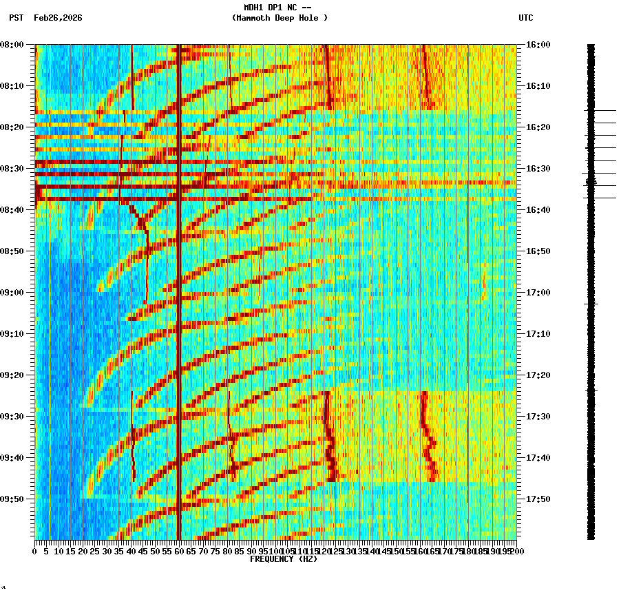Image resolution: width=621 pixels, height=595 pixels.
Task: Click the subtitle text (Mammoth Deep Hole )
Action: pos(280,18)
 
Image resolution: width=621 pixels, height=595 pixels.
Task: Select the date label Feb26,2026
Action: pos(58,18)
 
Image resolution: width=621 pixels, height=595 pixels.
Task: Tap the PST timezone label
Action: pos(17,18)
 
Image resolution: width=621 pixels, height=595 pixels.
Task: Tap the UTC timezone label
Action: pos(525,18)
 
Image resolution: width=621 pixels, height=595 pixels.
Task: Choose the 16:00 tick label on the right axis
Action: pos(538,45)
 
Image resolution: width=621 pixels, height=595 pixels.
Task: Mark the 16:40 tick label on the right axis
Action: pos(538,210)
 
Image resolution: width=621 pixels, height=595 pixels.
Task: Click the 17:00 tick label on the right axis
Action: pos(538,293)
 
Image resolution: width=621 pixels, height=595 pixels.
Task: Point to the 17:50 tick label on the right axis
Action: pos(538,499)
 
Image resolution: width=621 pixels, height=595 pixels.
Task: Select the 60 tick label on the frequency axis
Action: pos(179,552)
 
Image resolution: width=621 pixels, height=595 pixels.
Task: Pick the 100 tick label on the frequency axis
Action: pos(275,552)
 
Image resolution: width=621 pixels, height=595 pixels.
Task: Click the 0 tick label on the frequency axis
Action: pos(35,552)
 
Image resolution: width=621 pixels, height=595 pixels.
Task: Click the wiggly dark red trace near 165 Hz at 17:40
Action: pos(430,458)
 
